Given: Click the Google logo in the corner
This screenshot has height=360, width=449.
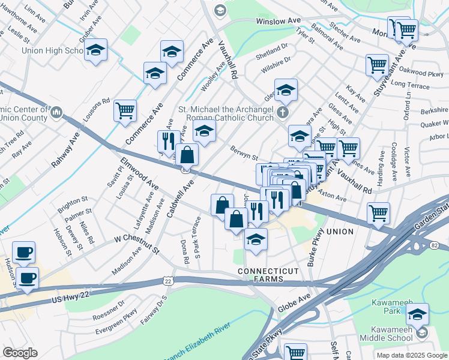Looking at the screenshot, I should point(20,353).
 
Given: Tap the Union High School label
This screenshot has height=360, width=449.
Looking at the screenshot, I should point(52,51).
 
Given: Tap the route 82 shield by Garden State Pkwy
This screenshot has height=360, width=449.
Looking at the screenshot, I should point(436,246).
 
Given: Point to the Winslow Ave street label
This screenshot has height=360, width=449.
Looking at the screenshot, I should point(278,21).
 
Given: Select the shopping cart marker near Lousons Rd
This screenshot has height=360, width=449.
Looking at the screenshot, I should point(125,110).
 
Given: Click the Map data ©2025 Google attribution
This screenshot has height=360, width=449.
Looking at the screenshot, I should point(411,355).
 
